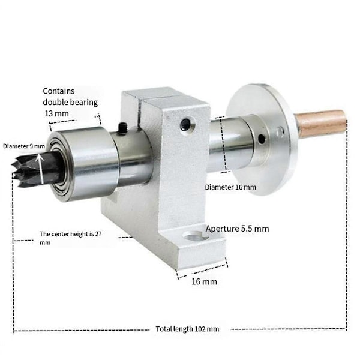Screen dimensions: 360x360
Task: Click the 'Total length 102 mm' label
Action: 187,329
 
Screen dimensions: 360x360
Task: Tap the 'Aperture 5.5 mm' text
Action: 237,229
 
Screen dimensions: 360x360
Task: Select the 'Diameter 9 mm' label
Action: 24,146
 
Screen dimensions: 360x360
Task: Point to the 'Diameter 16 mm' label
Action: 230,187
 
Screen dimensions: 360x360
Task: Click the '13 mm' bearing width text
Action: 57,113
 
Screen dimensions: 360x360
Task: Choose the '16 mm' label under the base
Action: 205,281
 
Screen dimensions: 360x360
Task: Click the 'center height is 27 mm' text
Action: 70,238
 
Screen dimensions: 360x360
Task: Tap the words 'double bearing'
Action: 70,102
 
